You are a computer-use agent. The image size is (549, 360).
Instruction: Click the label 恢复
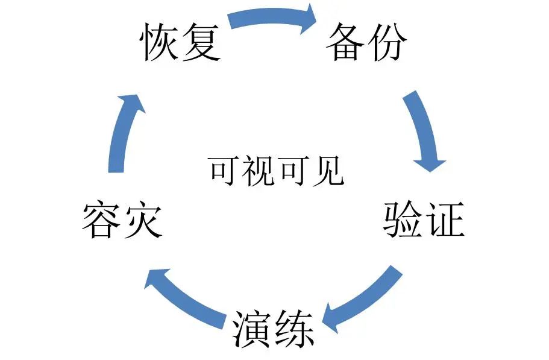181,42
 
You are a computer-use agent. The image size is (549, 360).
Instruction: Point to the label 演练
273,329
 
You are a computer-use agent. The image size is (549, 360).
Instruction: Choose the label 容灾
122,219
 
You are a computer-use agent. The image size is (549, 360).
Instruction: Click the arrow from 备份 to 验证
425,133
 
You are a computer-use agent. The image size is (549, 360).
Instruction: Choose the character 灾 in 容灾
143,219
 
